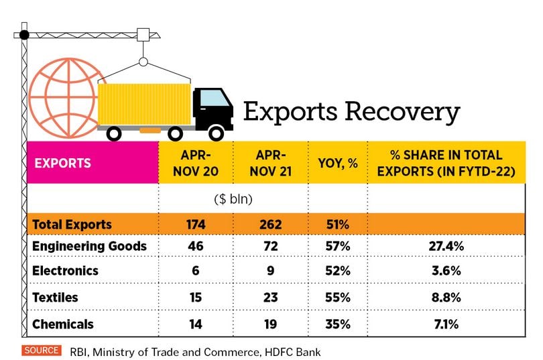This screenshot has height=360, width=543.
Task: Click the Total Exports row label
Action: tap(72, 224)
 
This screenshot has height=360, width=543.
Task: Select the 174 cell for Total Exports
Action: tap(196, 224)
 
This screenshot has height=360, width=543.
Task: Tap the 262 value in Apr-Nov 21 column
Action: tap(271, 224)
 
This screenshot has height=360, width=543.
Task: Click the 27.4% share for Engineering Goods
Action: tap(446, 246)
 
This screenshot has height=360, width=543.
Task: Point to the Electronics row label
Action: tap(65, 271)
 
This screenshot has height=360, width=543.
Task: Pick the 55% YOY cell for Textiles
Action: tap(337, 298)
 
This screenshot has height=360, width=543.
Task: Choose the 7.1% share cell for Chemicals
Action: tap(446, 324)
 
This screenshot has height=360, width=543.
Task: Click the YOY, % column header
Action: tap(337, 163)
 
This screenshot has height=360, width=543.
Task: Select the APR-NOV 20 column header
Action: tap(196, 163)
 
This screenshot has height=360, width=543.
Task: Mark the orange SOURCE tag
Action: tap(41, 350)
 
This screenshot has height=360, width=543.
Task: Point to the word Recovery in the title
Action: tap(406, 112)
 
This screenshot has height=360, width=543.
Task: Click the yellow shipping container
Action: tap(144, 104)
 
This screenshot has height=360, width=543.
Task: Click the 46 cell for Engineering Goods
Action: tap(196, 246)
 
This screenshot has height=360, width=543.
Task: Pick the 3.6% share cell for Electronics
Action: tap(446, 271)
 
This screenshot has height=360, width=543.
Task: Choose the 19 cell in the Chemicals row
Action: tap(271, 324)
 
